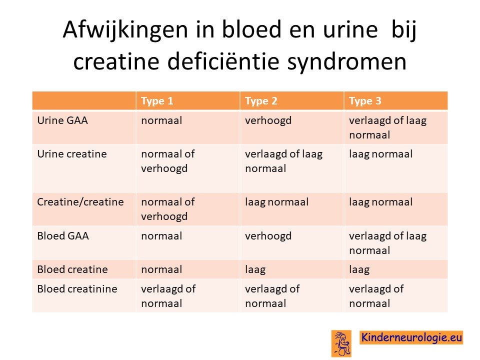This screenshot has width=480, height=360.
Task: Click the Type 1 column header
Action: pos(157,101)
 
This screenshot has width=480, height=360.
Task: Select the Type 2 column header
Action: pos(261,101)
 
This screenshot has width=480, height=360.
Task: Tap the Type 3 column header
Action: pos(365,101)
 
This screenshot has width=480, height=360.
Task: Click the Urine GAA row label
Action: pos(62,120)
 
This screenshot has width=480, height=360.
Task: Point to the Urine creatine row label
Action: pos(72,153)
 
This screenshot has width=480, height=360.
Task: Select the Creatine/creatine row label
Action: pos(80,202)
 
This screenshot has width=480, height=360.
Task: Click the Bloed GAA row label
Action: pos(63,236)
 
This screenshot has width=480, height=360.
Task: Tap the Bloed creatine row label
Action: pos(72,269)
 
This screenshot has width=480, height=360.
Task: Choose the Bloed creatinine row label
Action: pos(77,288)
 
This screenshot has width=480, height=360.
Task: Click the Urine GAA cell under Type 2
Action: pos(268,120)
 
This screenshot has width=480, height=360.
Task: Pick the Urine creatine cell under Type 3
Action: pos(381,154)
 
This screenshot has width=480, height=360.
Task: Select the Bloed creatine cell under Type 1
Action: pos(161,269)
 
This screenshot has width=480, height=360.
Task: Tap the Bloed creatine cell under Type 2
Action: pos(255,270)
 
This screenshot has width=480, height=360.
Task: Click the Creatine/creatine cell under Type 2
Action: pos(276,202)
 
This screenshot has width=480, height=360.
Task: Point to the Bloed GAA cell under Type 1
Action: pos(161,236)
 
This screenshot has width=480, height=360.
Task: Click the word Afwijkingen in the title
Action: pos(125,30)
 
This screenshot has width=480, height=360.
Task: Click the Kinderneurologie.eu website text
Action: pos(411,337)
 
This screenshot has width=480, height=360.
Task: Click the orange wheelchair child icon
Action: pos(341,343)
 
